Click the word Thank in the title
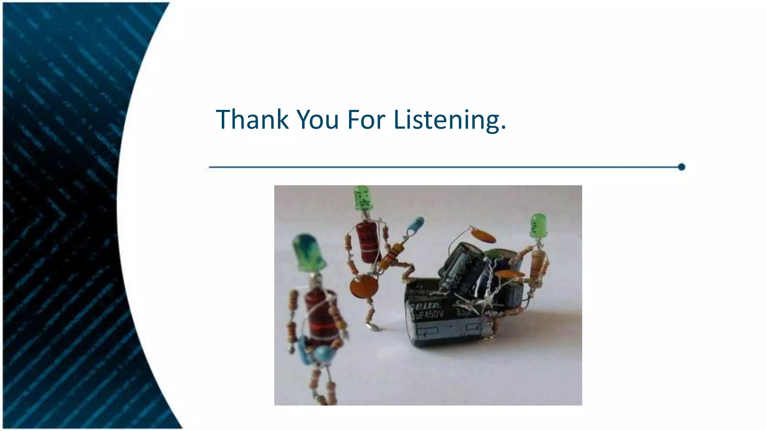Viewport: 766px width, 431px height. tap(252, 119)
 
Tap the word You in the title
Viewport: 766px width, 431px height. tap(318, 119)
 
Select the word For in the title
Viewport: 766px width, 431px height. tap(366, 119)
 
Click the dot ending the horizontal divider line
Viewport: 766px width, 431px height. tap(681, 167)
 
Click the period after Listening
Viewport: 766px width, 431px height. tap(503, 128)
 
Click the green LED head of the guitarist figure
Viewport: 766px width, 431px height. tap(362, 198)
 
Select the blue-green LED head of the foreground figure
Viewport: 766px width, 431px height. tap(309, 253)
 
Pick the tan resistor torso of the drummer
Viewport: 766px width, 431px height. tap(538, 264)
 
